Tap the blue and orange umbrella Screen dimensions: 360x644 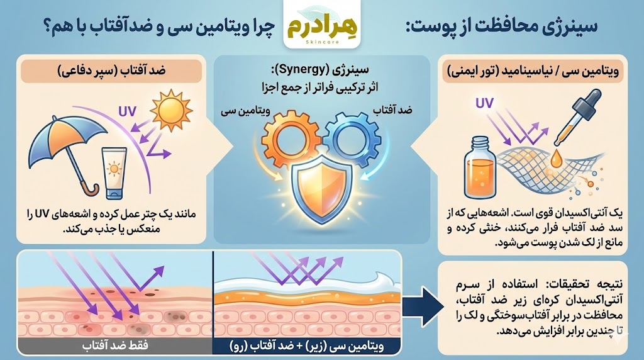pyautogui.click(x=66, y=149)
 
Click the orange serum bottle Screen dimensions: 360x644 pyautogui.click(x=481, y=172)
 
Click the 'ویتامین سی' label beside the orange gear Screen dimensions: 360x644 pyautogui.click(x=236, y=110)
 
